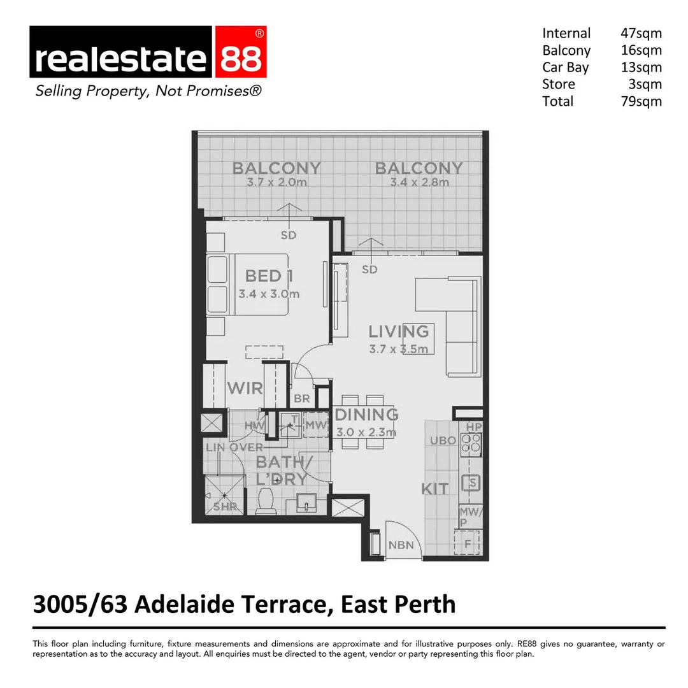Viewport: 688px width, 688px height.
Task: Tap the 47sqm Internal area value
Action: click(x=641, y=33)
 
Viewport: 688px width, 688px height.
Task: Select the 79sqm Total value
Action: click(x=641, y=101)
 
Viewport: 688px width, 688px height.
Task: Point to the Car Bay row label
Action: click(x=565, y=67)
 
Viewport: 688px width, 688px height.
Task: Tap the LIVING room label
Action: click(x=399, y=331)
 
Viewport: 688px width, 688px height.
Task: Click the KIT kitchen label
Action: click(x=435, y=489)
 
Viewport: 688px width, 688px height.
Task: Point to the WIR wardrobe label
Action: click(x=245, y=388)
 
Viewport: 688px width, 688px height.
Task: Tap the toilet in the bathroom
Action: click(x=264, y=501)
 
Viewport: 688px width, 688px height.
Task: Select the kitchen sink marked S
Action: click(x=472, y=484)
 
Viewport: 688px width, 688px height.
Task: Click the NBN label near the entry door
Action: click(x=401, y=545)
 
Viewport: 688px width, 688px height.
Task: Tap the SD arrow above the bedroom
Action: click(x=289, y=215)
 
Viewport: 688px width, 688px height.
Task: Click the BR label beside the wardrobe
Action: click(x=301, y=399)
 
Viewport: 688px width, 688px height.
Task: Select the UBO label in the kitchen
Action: click(x=442, y=440)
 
